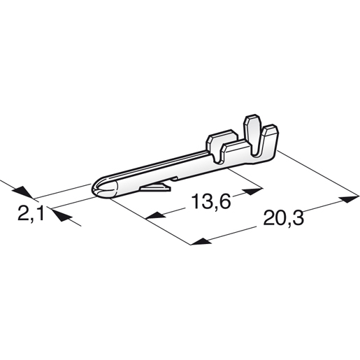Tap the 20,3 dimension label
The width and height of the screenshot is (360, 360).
[285, 220]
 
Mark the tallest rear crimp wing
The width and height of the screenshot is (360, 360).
[250, 127]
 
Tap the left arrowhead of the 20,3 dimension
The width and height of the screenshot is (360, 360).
[199, 242]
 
